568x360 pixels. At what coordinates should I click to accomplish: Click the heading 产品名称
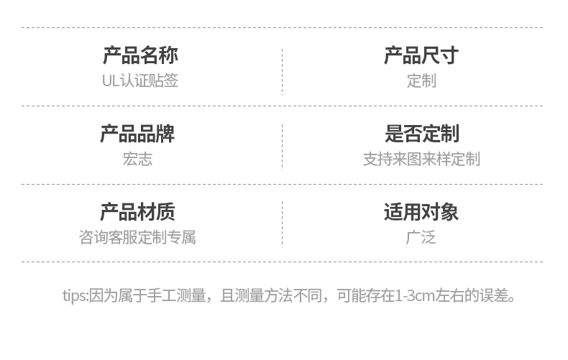[140, 55]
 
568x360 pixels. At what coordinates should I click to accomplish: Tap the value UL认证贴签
[140, 80]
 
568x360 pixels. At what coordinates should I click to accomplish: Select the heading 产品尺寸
[421, 55]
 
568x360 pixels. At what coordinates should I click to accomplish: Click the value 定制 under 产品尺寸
[421, 80]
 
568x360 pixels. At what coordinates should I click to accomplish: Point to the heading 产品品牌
[137, 134]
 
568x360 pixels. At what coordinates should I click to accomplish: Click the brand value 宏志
[137, 159]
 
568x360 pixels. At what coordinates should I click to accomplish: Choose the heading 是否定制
[421, 134]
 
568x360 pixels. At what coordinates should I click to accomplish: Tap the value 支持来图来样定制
[421, 159]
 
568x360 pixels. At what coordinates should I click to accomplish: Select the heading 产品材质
[137, 212]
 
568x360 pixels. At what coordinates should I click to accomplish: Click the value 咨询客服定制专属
[137, 237]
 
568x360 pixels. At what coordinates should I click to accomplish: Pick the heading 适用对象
[421, 212]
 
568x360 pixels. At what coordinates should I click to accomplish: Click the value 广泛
[421, 237]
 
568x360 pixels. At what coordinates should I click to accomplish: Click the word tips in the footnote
[73, 295]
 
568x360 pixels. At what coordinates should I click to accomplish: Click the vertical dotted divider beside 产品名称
[282, 68]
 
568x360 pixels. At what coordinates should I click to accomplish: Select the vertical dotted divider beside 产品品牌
[282, 147]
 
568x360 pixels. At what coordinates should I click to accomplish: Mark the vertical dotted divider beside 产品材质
[282, 224]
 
